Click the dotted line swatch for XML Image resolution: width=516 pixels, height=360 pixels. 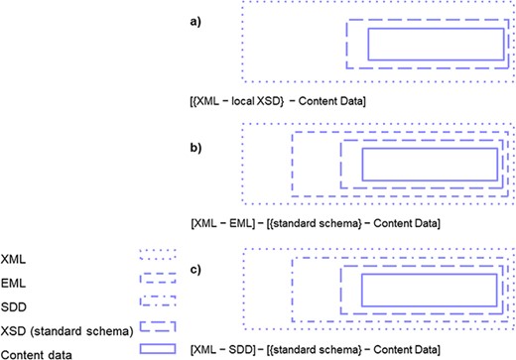159,255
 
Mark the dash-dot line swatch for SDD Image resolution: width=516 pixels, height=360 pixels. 159,302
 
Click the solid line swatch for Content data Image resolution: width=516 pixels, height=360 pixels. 159,350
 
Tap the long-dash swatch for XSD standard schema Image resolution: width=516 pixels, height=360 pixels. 159,326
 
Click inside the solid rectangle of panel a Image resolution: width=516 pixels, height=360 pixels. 435,45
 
